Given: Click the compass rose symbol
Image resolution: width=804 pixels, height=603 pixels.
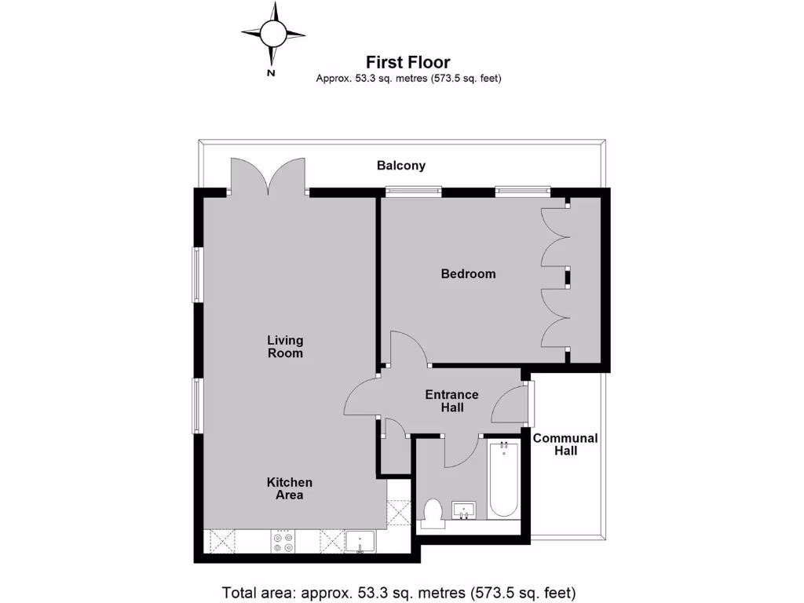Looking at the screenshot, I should [272, 33].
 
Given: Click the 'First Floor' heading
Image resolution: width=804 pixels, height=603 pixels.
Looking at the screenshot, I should [408, 62].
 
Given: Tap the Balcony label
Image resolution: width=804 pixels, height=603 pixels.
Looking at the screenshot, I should [401, 166].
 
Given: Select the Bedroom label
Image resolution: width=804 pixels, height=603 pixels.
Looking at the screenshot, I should [468, 274].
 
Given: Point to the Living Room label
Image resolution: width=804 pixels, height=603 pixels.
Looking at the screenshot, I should [285, 346].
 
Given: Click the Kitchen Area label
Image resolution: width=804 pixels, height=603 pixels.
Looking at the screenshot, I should [290, 488].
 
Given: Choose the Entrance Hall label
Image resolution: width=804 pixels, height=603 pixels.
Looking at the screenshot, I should [451, 400].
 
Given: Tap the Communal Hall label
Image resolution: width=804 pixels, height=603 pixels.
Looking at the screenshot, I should [565, 444].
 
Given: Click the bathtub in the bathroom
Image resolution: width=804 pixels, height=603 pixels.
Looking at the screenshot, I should [503, 479].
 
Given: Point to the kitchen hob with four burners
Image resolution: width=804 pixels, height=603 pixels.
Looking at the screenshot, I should [283, 542].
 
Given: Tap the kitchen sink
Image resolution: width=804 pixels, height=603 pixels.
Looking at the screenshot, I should [360, 542].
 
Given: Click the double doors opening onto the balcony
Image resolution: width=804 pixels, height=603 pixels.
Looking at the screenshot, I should [267, 176].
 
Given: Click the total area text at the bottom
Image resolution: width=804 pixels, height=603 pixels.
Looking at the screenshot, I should [400, 591].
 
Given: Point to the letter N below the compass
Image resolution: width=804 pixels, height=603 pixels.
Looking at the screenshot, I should [271, 73].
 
